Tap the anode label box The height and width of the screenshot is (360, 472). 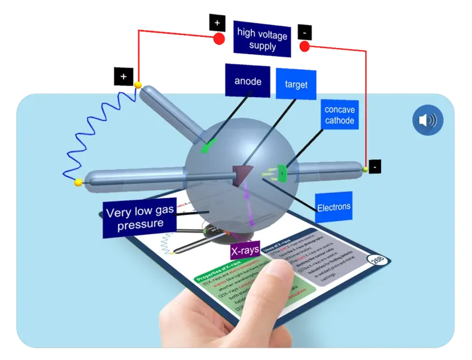(248, 81)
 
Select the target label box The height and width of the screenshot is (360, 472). (296, 85)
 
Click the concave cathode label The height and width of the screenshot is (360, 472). (339, 115)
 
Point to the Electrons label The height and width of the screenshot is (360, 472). (334, 207)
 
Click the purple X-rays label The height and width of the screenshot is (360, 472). (245, 251)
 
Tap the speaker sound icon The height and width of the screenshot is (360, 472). (427, 120)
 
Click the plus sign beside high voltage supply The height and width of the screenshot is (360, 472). (217, 22)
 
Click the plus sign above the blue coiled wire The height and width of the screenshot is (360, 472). (124, 77)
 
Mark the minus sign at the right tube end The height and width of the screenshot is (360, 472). (374, 166)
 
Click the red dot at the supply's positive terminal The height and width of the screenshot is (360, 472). (218, 39)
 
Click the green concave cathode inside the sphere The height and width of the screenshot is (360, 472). (282, 173)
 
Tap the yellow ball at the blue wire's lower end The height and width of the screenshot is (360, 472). (78, 182)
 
